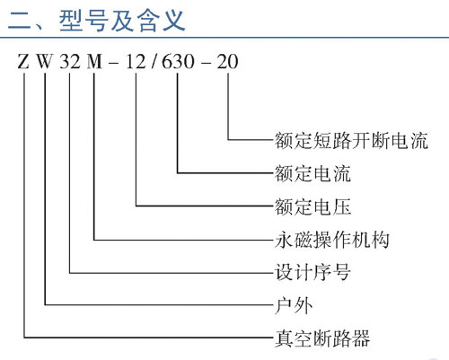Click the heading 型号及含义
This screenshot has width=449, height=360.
click(x=122, y=21)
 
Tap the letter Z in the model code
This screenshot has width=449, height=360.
click(x=23, y=62)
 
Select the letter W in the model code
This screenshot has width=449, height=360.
click(x=45, y=62)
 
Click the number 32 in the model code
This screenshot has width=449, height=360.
click(x=70, y=62)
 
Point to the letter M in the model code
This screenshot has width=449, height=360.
click(x=94, y=62)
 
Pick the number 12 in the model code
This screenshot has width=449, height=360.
click(x=136, y=62)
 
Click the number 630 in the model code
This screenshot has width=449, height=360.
click(x=178, y=62)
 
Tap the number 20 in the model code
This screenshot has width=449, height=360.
click(x=227, y=62)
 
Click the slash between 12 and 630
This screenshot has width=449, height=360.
click(x=154, y=62)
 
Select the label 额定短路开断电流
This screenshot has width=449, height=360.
click(x=351, y=140)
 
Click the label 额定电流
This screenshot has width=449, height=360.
click(x=313, y=173)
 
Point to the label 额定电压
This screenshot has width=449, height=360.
click(x=313, y=206)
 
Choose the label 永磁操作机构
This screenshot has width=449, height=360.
click(x=332, y=240)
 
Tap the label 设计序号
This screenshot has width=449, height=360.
click(x=313, y=272)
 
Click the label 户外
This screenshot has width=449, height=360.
click(x=294, y=305)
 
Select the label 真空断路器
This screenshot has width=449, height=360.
click(x=322, y=338)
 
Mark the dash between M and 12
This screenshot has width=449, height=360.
click(x=114, y=64)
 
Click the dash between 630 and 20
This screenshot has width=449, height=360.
click(x=206, y=64)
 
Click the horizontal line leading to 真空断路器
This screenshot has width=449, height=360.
click(x=149, y=338)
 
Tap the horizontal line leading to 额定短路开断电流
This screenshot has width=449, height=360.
click(x=251, y=140)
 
